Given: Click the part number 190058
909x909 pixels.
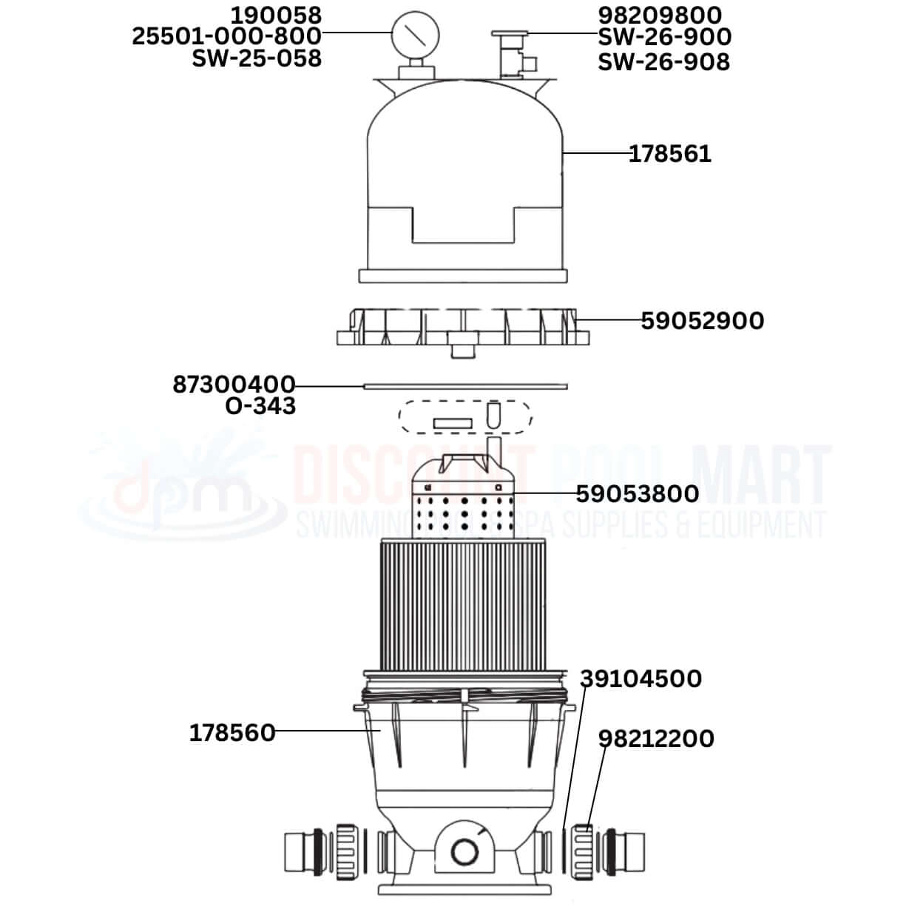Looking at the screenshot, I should (276, 15).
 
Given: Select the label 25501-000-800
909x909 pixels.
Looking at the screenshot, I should (226, 36).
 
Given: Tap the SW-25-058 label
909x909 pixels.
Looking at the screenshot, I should (257, 58).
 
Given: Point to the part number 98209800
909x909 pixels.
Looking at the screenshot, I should (660, 15).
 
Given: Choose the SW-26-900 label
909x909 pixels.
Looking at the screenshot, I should (664, 37).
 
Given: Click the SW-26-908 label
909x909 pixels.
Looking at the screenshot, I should (663, 61).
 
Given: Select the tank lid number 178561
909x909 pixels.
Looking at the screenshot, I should (669, 154).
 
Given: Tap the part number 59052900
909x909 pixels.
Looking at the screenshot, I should (702, 321).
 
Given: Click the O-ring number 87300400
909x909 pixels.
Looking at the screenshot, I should (234, 385).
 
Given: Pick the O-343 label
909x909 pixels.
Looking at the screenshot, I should (260, 406).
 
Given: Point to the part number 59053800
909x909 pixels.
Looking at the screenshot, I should (637, 493).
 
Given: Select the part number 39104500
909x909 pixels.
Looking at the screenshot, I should (641, 679).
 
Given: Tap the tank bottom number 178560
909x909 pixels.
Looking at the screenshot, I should (232, 733).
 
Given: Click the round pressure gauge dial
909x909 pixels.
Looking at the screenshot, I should (415, 33).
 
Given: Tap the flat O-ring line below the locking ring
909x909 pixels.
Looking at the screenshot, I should (464, 385).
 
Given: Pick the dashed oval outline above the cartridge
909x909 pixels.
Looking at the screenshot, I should (464, 417).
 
